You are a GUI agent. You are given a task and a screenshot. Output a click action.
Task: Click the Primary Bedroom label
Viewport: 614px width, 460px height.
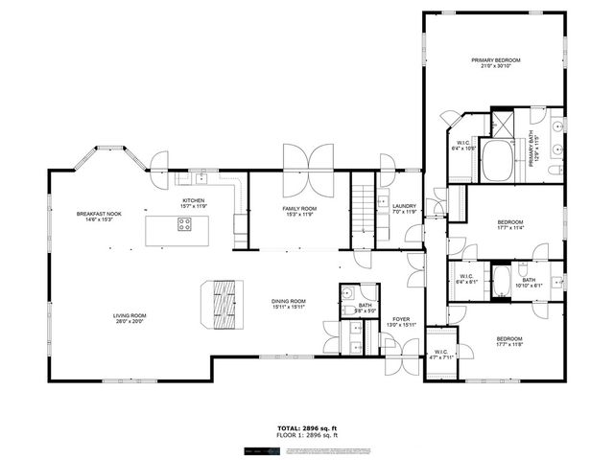[x=494, y=60]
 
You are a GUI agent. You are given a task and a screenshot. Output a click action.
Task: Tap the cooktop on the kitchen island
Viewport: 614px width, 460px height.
[x=184, y=226]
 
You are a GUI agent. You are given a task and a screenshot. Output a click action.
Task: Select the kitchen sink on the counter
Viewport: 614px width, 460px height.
[x=201, y=178]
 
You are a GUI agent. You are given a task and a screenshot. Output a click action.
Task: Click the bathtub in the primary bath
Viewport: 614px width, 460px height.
[x=498, y=161]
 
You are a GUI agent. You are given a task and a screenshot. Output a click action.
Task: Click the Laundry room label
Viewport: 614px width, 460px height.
[x=404, y=205]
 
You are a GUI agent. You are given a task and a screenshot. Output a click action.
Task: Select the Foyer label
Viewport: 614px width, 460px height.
[x=401, y=319]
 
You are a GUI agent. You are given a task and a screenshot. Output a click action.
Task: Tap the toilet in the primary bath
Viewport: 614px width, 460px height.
[x=555, y=170]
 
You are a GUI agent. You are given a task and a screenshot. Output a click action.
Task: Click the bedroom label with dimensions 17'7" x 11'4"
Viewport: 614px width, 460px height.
[x=509, y=222]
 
